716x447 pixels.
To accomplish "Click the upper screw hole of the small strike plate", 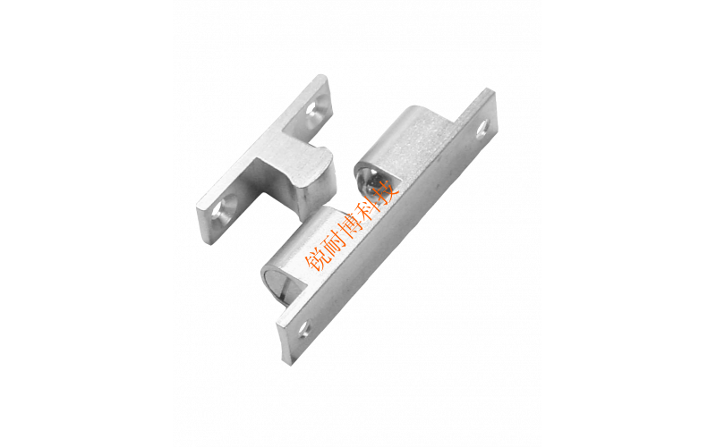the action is [x=314, y=109].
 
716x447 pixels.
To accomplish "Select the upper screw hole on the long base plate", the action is [x=482, y=129].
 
